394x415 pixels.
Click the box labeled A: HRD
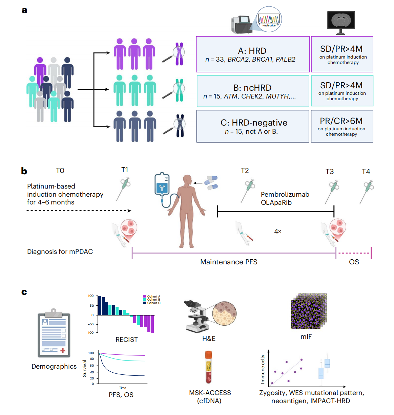click(x=253, y=54)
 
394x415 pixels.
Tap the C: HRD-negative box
click(x=253, y=126)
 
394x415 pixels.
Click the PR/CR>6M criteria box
click(x=342, y=126)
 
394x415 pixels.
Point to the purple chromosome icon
click(x=179, y=53)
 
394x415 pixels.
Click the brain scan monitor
click(x=341, y=22)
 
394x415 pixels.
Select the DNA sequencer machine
click(x=241, y=25)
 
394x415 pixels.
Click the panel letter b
click(x=24, y=171)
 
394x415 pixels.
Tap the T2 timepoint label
click(x=245, y=171)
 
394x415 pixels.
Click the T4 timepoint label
click(x=366, y=172)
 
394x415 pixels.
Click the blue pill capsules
click(x=211, y=182)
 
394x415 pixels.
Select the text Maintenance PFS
click(x=229, y=262)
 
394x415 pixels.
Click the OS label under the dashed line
click(x=354, y=262)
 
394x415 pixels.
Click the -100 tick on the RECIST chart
click(x=90, y=333)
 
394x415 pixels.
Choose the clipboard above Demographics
click(x=54, y=333)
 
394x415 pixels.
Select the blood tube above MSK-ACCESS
click(x=209, y=367)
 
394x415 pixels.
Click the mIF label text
click(x=306, y=337)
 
